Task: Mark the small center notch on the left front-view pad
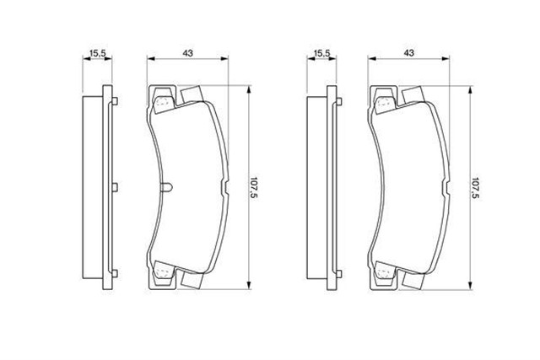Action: pyautogui.click(x=166, y=186)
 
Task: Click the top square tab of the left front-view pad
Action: pyautogui.click(x=189, y=94)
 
